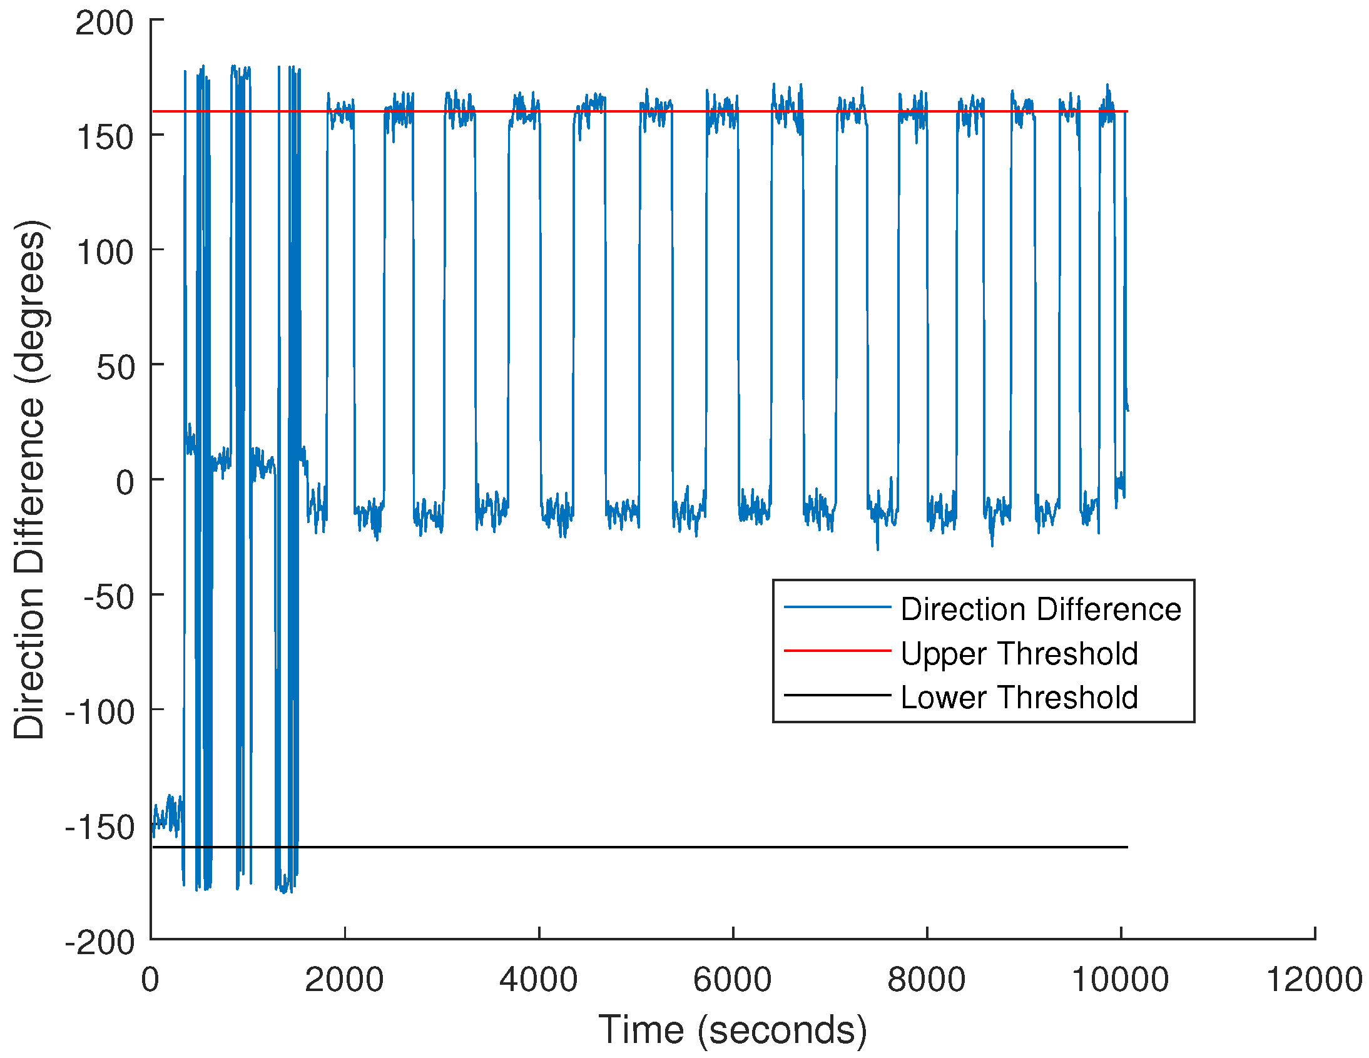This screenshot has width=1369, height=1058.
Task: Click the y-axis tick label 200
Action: [104, 24]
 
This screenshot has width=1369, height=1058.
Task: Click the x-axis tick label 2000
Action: [344, 980]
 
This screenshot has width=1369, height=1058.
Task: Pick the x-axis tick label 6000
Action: [732, 980]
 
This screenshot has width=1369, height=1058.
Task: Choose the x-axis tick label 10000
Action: [1120, 980]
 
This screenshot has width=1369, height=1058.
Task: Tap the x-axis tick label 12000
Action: [1315, 980]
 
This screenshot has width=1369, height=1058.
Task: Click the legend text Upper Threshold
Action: [1019, 654]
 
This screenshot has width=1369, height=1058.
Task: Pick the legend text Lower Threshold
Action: [1019, 698]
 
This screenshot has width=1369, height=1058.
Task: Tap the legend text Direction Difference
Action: [1041, 609]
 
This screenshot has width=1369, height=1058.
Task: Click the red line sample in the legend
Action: [837, 651]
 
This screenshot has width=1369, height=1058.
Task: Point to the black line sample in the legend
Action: [837, 695]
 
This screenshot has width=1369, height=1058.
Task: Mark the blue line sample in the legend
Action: [837, 607]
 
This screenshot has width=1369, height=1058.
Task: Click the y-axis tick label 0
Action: [125, 482]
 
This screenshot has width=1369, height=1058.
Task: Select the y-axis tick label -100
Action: [99, 713]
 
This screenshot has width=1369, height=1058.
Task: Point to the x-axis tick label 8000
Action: [926, 980]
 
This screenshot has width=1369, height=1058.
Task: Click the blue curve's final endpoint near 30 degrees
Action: [1127, 410]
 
